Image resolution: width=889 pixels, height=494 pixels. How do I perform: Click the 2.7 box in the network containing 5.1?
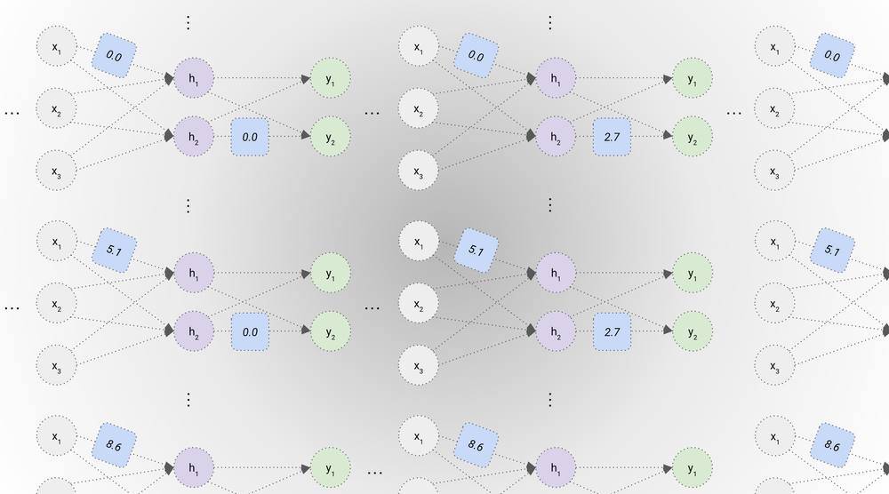tap(612, 331)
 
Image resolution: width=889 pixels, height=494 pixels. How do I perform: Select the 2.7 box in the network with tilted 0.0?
tap(612, 137)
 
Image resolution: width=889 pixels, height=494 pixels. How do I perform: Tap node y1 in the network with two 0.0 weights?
tap(331, 79)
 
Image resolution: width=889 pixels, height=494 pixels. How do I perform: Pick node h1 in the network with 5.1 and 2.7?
tap(556, 272)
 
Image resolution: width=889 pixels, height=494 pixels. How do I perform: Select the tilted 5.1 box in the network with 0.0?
tap(114, 251)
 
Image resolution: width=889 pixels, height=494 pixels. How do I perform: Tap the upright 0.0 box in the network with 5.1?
tap(250, 331)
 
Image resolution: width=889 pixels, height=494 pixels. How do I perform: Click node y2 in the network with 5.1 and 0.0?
tap(331, 331)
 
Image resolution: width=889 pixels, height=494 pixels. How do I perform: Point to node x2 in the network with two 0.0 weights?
tap(56, 110)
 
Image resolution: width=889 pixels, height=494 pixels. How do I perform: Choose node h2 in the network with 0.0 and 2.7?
tap(556, 137)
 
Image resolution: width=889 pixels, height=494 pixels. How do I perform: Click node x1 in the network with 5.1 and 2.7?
tap(418, 242)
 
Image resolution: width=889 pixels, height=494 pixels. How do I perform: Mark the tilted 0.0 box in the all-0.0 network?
tap(114, 55)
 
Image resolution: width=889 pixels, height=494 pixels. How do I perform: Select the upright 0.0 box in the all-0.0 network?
tap(250, 137)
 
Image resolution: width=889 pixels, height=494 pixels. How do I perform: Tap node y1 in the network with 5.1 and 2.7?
tap(693, 272)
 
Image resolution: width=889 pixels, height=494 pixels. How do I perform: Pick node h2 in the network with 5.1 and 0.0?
tap(194, 331)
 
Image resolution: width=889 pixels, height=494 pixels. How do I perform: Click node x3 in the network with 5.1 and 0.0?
tap(56, 364)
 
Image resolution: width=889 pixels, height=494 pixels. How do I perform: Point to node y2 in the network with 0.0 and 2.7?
tap(693, 137)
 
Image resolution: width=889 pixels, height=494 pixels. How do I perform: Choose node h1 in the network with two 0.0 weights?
tap(194, 79)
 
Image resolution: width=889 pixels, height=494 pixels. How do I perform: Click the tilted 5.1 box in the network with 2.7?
tap(476, 251)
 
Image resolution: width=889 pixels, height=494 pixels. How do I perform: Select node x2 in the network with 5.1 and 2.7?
tap(418, 304)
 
